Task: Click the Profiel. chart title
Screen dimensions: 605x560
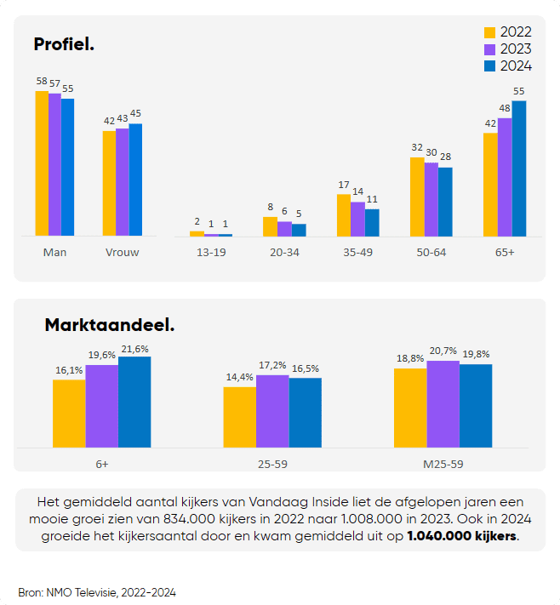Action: (x=64, y=43)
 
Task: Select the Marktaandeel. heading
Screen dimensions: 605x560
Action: (x=109, y=325)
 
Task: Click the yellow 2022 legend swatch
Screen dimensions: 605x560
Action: (x=489, y=32)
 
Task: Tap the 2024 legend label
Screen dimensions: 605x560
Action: (x=516, y=66)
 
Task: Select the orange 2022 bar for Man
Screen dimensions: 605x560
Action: (x=42, y=163)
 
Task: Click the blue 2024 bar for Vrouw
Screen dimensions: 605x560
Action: (x=135, y=180)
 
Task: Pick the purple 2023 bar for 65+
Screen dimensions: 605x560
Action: (x=505, y=177)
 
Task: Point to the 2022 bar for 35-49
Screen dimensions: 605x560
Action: (x=343, y=215)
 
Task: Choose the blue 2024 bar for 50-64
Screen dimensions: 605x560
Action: (x=445, y=202)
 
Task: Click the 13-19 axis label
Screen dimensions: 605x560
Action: (x=211, y=252)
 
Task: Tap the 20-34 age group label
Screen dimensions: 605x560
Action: (x=283, y=252)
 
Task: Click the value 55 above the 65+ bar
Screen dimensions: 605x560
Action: (x=519, y=92)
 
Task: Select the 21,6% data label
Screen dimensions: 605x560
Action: (x=134, y=350)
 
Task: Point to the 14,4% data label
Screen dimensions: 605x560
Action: (x=239, y=378)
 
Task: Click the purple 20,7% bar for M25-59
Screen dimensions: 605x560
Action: (x=443, y=404)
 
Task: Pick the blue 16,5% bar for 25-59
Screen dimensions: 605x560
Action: (x=306, y=413)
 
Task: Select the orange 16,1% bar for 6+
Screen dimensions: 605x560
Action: (x=69, y=414)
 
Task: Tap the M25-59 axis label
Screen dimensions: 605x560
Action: (x=443, y=465)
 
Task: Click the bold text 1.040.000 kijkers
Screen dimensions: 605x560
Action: (x=461, y=537)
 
